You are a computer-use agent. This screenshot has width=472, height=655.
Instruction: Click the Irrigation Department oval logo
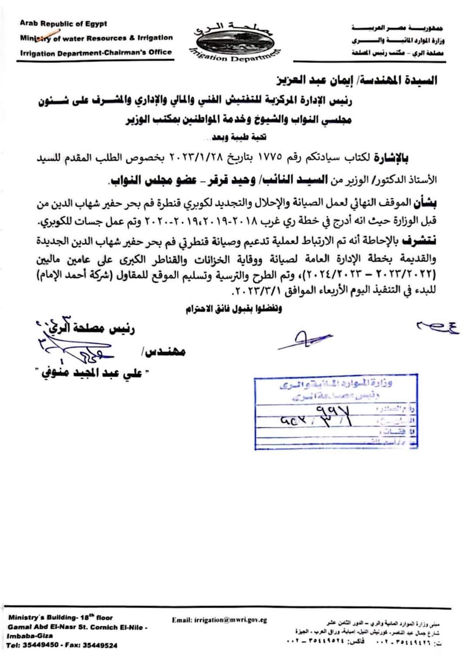tap(234, 42)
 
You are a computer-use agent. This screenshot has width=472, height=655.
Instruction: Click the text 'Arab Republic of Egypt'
tap(63, 24)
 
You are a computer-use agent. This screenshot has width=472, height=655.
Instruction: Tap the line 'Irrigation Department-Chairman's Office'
tap(96, 52)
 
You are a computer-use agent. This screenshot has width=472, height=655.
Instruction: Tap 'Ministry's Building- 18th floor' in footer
tap(61, 618)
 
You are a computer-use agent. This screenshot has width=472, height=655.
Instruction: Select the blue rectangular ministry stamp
tap(336, 411)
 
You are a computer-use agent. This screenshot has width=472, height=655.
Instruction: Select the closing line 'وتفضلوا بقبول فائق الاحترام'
tap(233, 309)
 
